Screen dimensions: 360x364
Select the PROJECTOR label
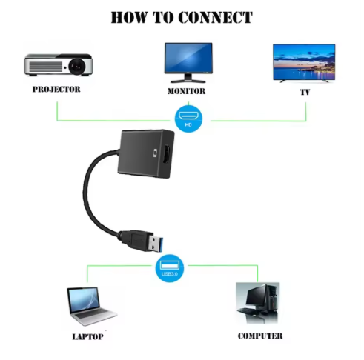click(x=56, y=90)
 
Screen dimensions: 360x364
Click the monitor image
click(x=187, y=61)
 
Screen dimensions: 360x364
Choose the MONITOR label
click(x=186, y=93)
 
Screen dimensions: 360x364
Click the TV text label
click(x=304, y=93)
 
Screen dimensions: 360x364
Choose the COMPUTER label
click(x=259, y=336)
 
